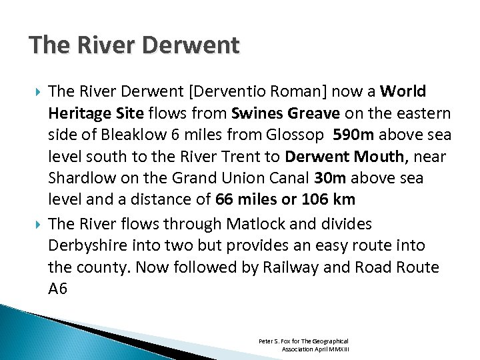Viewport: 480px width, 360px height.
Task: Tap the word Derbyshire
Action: (86, 245)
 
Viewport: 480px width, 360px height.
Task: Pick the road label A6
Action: (59, 289)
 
